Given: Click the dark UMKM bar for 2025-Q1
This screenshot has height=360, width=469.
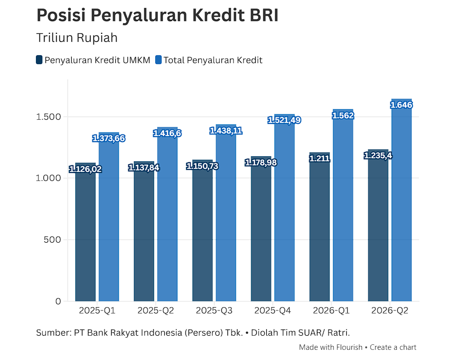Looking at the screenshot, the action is click(85, 232).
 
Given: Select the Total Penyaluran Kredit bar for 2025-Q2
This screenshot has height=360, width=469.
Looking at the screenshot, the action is click(167, 214).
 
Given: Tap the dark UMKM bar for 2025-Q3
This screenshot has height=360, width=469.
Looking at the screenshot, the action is click(203, 231).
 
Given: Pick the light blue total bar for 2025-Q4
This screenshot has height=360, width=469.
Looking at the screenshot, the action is click(285, 208).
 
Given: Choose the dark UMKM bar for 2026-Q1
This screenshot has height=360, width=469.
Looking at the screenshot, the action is click(320, 227).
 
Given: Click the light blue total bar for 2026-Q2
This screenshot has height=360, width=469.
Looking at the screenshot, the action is click(402, 200).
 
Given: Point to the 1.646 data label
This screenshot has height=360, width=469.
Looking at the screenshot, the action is click(401, 105).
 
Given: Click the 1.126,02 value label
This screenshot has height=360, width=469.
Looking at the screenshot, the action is click(85, 169).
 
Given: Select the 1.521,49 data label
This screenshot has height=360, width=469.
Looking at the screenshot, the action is click(285, 120).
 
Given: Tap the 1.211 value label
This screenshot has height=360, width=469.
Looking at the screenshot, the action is click(320, 158).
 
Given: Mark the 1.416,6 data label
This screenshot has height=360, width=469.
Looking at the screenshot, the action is click(167, 133).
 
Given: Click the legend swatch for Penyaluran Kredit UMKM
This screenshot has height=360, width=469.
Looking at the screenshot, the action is click(39, 60).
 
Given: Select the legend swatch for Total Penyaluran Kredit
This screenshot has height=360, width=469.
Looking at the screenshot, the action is click(158, 60).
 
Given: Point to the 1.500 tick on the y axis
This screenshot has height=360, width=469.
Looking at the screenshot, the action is click(49, 117).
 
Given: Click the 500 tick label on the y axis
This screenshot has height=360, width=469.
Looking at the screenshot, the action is click(53, 240).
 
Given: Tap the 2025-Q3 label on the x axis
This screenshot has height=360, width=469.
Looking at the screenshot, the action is click(214, 310).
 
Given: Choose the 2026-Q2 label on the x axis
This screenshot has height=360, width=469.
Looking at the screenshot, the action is click(390, 310).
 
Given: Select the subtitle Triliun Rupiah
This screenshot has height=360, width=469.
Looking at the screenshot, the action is click(77, 38).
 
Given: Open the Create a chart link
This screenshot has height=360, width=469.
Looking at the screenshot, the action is click(393, 347).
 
